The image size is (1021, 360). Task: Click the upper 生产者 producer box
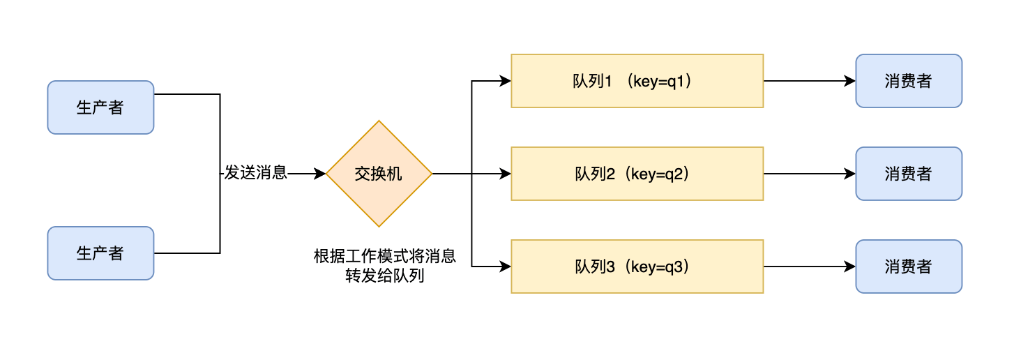pyautogui.click(x=100, y=107)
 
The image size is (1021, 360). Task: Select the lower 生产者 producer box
pyautogui.click(x=100, y=253)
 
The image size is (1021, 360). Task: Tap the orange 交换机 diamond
pyautogui.click(x=379, y=174)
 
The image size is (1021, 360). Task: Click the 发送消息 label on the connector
pyautogui.click(x=255, y=173)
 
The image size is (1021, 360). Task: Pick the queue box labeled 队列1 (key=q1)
pyautogui.click(x=637, y=81)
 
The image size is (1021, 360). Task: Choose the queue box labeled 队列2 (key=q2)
pyautogui.click(x=637, y=174)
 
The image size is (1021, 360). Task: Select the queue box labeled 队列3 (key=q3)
pyautogui.click(x=637, y=267)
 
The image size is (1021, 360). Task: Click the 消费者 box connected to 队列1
pyautogui.click(x=909, y=81)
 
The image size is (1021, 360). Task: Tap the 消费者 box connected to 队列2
pyautogui.click(x=909, y=174)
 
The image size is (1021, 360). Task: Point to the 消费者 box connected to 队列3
pyautogui.click(x=909, y=267)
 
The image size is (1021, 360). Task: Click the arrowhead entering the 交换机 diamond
pyautogui.click(x=320, y=174)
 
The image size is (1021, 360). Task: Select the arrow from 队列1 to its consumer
pyautogui.click(x=809, y=81)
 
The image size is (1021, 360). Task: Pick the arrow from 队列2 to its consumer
pyautogui.click(x=809, y=174)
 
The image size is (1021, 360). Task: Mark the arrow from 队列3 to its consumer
pyautogui.click(x=809, y=267)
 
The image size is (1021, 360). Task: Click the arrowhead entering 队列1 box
pyautogui.click(x=506, y=81)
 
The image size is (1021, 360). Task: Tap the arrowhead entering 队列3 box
pyautogui.click(x=506, y=267)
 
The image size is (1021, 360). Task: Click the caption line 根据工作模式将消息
pyautogui.click(x=385, y=256)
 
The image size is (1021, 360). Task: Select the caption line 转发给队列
pyautogui.click(x=385, y=276)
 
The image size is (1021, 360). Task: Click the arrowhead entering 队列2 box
pyautogui.click(x=506, y=174)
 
